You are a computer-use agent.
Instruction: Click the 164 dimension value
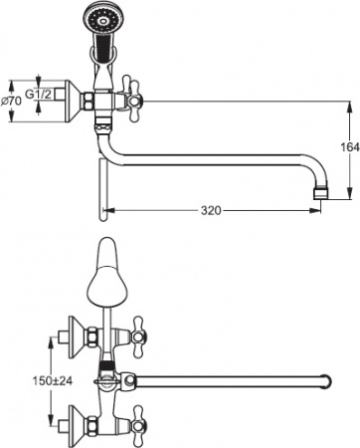coord(345,148)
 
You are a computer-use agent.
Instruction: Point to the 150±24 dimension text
coord(25,379)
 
